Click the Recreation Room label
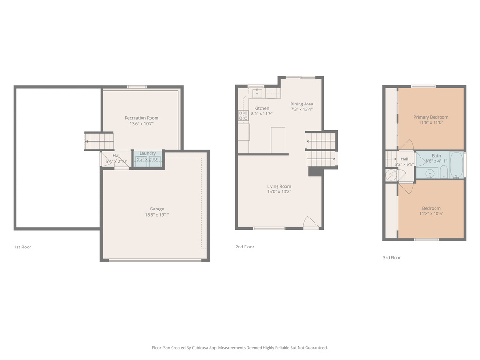[x=141, y=118]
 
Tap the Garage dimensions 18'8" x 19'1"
[x=157, y=215]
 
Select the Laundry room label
[x=147, y=153]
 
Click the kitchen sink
[x=257, y=93]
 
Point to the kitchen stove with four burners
[x=243, y=115]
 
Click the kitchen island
[x=278, y=140]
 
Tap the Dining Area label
[x=301, y=104]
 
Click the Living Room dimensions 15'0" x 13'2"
[x=279, y=192]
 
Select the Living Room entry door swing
[x=310, y=222]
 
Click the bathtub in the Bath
[x=457, y=165]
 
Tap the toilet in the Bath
[x=443, y=172]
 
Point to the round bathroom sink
[x=429, y=173]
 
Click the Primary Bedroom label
[x=431, y=117]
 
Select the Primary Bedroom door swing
[x=406, y=144]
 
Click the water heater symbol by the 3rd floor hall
[x=391, y=175]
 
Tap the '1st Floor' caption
[x=22, y=247]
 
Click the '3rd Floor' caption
[x=392, y=258]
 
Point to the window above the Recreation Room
[x=137, y=87]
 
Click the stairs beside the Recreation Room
[x=99, y=141]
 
